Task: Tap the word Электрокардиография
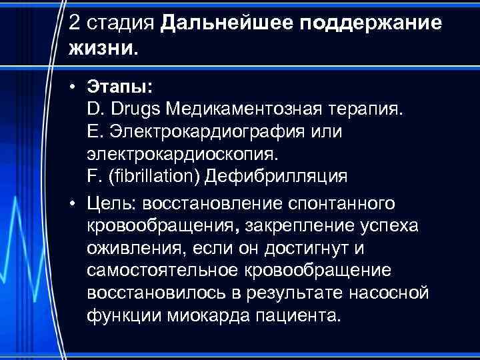click(x=205, y=131)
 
